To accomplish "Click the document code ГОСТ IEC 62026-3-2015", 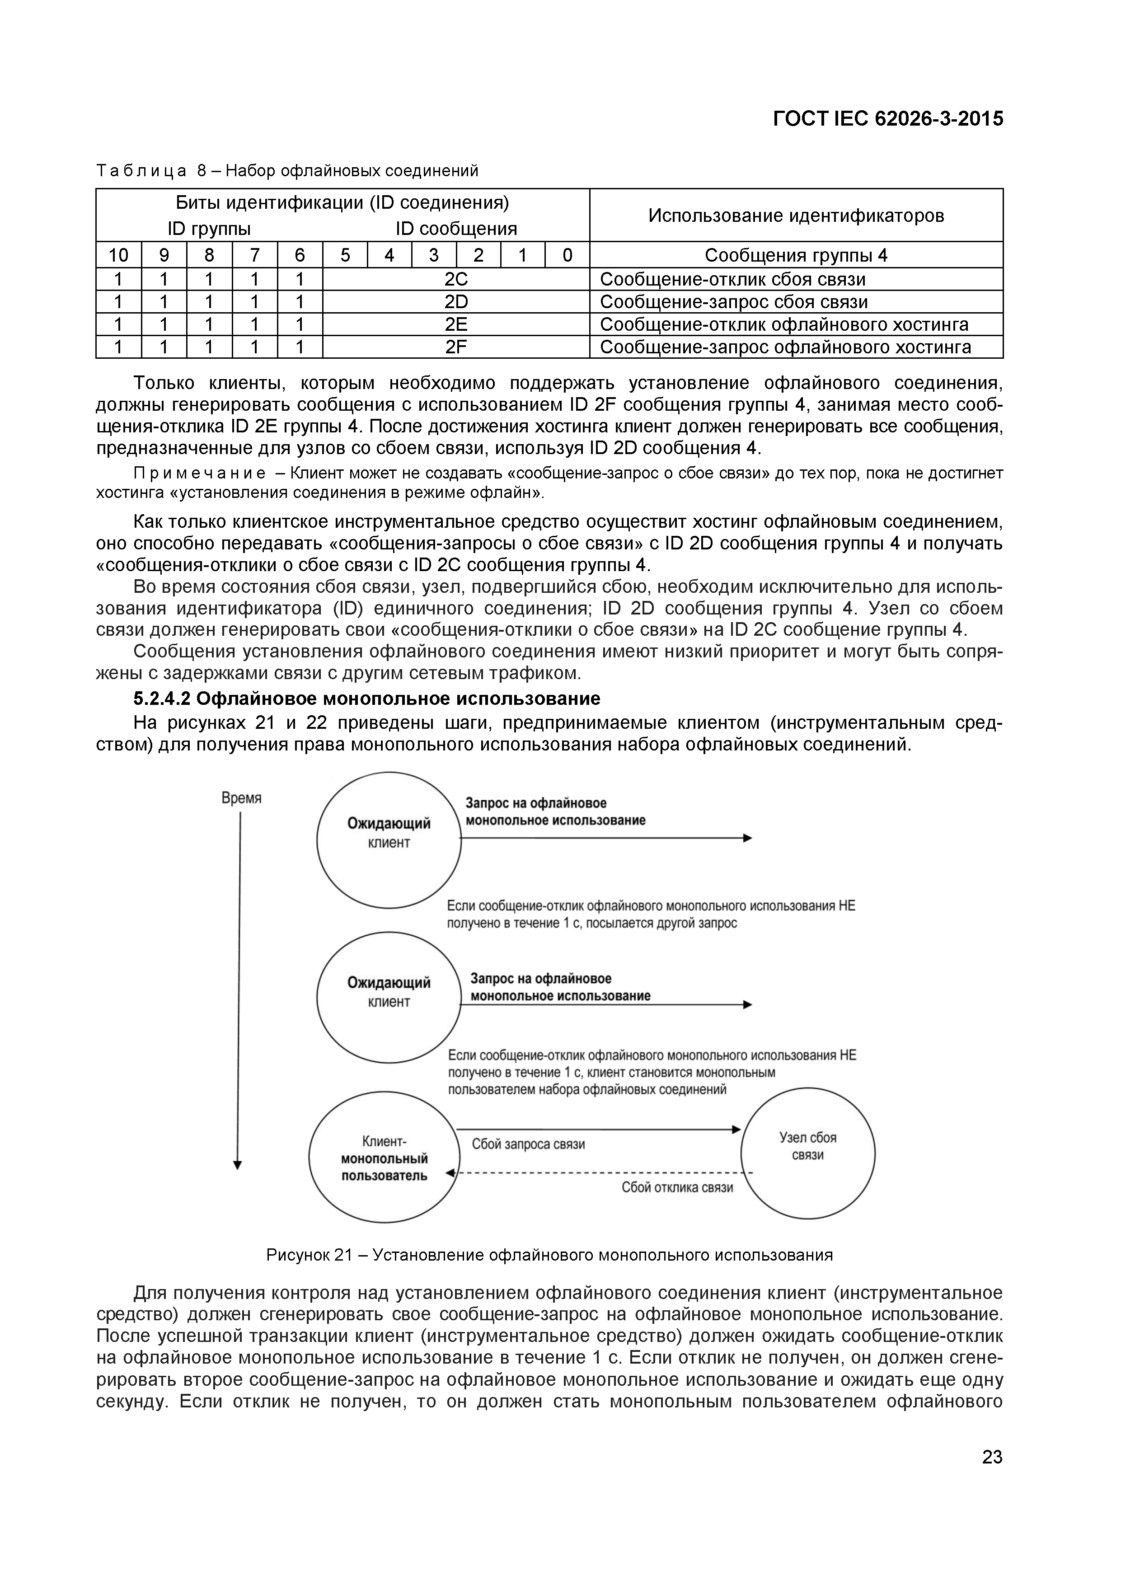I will [x=888, y=119].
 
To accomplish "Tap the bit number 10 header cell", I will [x=119, y=255].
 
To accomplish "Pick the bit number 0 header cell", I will [x=568, y=255].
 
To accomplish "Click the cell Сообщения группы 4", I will [x=796, y=255].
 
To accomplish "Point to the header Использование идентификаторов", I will [x=796, y=216].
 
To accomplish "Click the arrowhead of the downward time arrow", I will [x=238, y=1165].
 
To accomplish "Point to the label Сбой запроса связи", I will [x=528, y=1144].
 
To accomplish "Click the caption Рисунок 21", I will [x=549, y=1256].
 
